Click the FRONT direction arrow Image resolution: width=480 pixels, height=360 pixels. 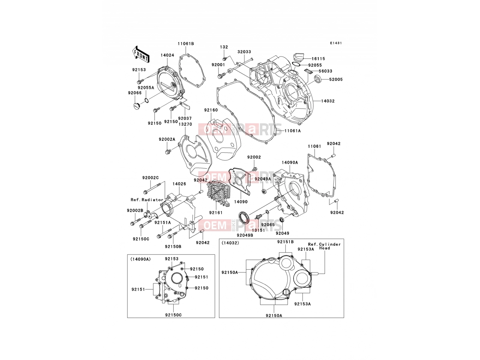pyautogui.click(x=141, y=54)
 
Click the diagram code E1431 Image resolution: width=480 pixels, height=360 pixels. pyautogui.click(x=336, y=43)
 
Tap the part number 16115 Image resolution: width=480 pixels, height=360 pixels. pyautogui.click(x=318, y=58)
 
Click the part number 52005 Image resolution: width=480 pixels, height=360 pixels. pyautogui.click(x=336, y=79)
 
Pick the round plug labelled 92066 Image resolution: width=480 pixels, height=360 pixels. pyautogui.click(x=136, y=106)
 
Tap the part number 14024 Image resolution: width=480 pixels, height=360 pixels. pyautogui.click(x=167, y=55)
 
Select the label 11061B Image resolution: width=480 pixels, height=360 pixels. pyautogui.click(x=186, y=44)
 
